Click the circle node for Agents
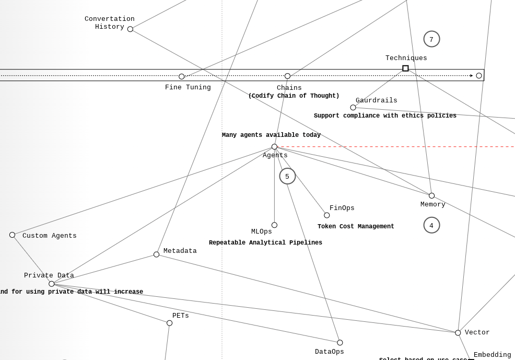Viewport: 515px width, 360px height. (274, 147)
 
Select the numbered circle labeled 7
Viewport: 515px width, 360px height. (431, 39)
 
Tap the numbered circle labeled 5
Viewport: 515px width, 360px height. (287, 176)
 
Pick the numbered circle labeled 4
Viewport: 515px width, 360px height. (431, 225)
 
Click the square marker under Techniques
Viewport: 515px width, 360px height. (405, 68)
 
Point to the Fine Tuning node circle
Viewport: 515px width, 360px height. (182, 77)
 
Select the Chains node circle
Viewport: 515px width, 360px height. (287, 76)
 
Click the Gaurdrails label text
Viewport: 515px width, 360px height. (376, 100)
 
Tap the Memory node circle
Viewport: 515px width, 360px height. (431, 196)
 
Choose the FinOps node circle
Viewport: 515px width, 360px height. (327, 215)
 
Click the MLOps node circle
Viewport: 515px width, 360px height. (274, 225)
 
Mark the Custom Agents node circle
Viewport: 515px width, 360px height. (13, 235)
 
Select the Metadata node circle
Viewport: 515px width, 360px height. (156, 254)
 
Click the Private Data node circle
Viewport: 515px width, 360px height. (52, 284)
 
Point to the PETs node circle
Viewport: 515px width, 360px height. (169, 323)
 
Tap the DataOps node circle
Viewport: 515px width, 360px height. (340, 343)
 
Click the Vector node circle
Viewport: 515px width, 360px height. (458, 333)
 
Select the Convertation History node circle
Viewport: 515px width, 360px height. (130, 29)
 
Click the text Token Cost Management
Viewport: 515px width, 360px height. (356, 227)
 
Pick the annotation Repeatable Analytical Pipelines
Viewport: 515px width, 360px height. (265, 243)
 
